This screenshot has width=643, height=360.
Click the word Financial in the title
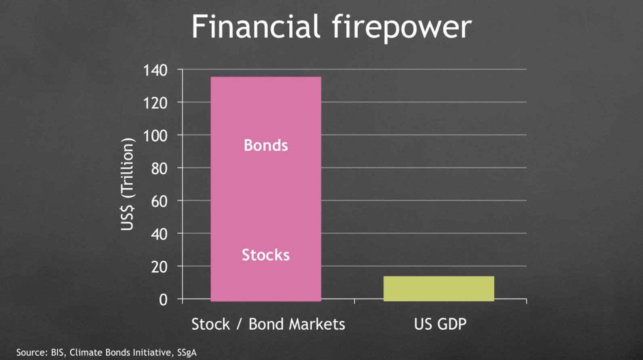point(256,26)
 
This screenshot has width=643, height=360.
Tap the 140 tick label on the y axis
point(155,70)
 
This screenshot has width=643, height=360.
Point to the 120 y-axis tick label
point(155,103)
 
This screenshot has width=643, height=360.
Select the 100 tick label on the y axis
point(155,136)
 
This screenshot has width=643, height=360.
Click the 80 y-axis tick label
point(159,169)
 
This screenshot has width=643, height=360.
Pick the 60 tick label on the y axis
point(159,201)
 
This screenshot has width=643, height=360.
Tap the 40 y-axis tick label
point(159,234)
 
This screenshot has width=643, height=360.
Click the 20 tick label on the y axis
point(159,267)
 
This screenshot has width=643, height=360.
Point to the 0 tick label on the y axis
point(163,300)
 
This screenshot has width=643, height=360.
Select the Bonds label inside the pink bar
point(266,145)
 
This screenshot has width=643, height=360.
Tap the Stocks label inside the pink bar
point(266,255)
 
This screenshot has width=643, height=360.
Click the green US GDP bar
point(439,289)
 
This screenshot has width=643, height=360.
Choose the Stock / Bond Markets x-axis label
point(268,324)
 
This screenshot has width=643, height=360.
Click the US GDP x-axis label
point(440,324)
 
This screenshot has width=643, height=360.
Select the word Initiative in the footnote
point(154,353)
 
